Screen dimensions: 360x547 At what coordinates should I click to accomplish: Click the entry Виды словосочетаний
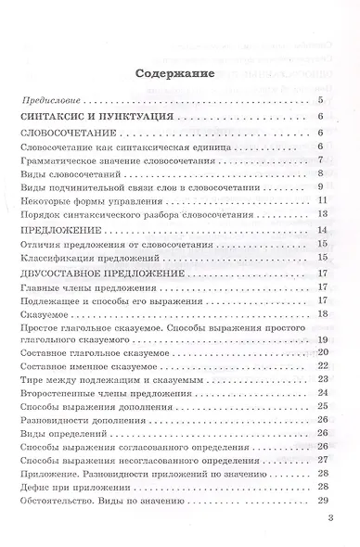click(71, 173)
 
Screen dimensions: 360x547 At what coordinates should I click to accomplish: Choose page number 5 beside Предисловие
click(319, 99)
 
